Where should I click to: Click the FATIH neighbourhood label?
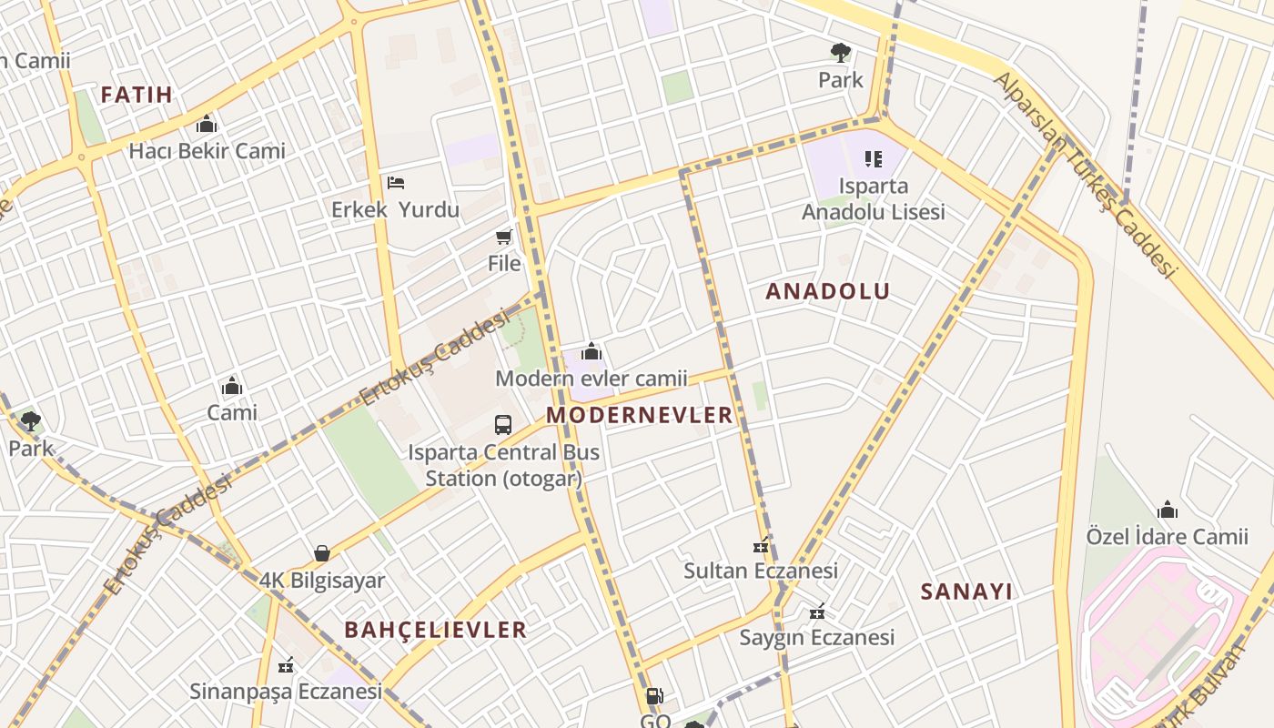point(136,95)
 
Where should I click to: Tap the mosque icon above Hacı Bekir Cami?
point(207,124)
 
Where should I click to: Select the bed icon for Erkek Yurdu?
point(395,183)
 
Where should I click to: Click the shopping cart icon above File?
point(503,238)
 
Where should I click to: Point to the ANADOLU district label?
point(827,291)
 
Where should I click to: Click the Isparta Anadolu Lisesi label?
point(873,199)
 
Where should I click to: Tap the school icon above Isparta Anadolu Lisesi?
point(874,160)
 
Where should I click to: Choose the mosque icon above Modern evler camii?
point(591,351)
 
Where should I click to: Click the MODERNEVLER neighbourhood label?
point(639,415)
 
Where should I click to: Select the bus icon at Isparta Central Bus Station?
point(503,424)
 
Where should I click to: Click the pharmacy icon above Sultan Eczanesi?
point(761,547)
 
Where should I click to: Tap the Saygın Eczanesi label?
point(816,637)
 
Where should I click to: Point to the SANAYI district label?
point(966,591)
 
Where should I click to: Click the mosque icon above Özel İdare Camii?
point(1167,510)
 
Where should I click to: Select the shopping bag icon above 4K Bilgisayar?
point(321,553)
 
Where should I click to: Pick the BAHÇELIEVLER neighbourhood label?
point(435,630)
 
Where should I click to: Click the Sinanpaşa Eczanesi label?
point(286,691)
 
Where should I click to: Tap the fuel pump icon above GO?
point(653,697)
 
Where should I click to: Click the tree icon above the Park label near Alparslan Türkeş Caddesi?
point(840,52)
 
